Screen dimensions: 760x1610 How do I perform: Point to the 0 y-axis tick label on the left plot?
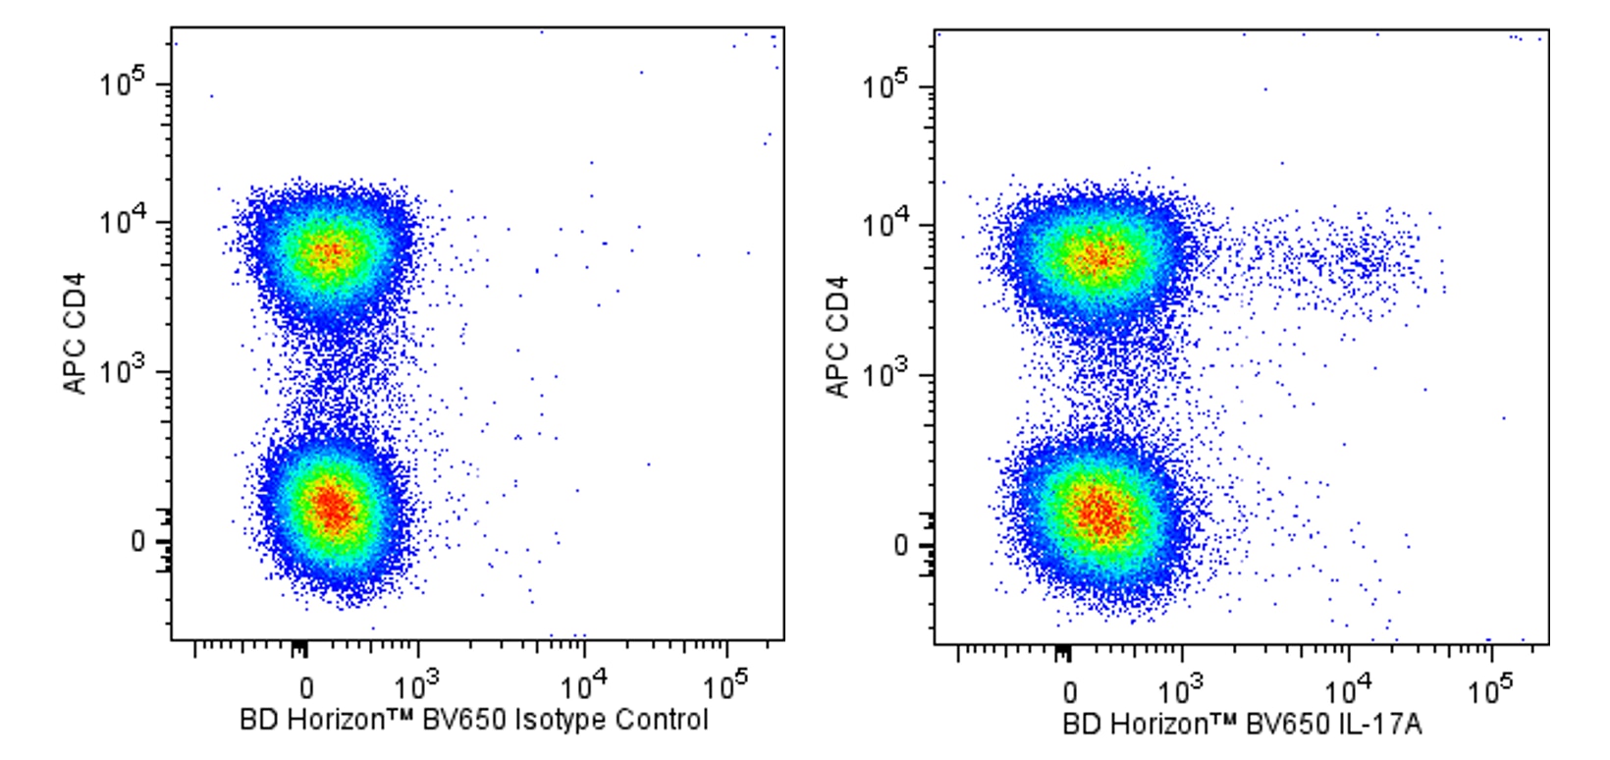(137, 541)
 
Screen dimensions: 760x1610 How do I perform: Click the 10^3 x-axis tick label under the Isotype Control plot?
(418, 685)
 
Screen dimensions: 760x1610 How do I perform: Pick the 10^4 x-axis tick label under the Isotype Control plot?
(585, 685)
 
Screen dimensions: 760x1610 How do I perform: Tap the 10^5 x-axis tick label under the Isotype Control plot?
(727, 685)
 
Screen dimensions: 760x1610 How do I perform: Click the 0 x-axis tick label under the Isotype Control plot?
(306, 687)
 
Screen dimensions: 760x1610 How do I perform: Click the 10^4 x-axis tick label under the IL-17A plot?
(1349, 689)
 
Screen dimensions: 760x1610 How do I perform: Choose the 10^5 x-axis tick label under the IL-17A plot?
(1491, 689)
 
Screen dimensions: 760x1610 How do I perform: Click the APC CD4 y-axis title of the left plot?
(76, 334)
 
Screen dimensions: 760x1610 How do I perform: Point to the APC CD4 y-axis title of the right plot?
(837, 337)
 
